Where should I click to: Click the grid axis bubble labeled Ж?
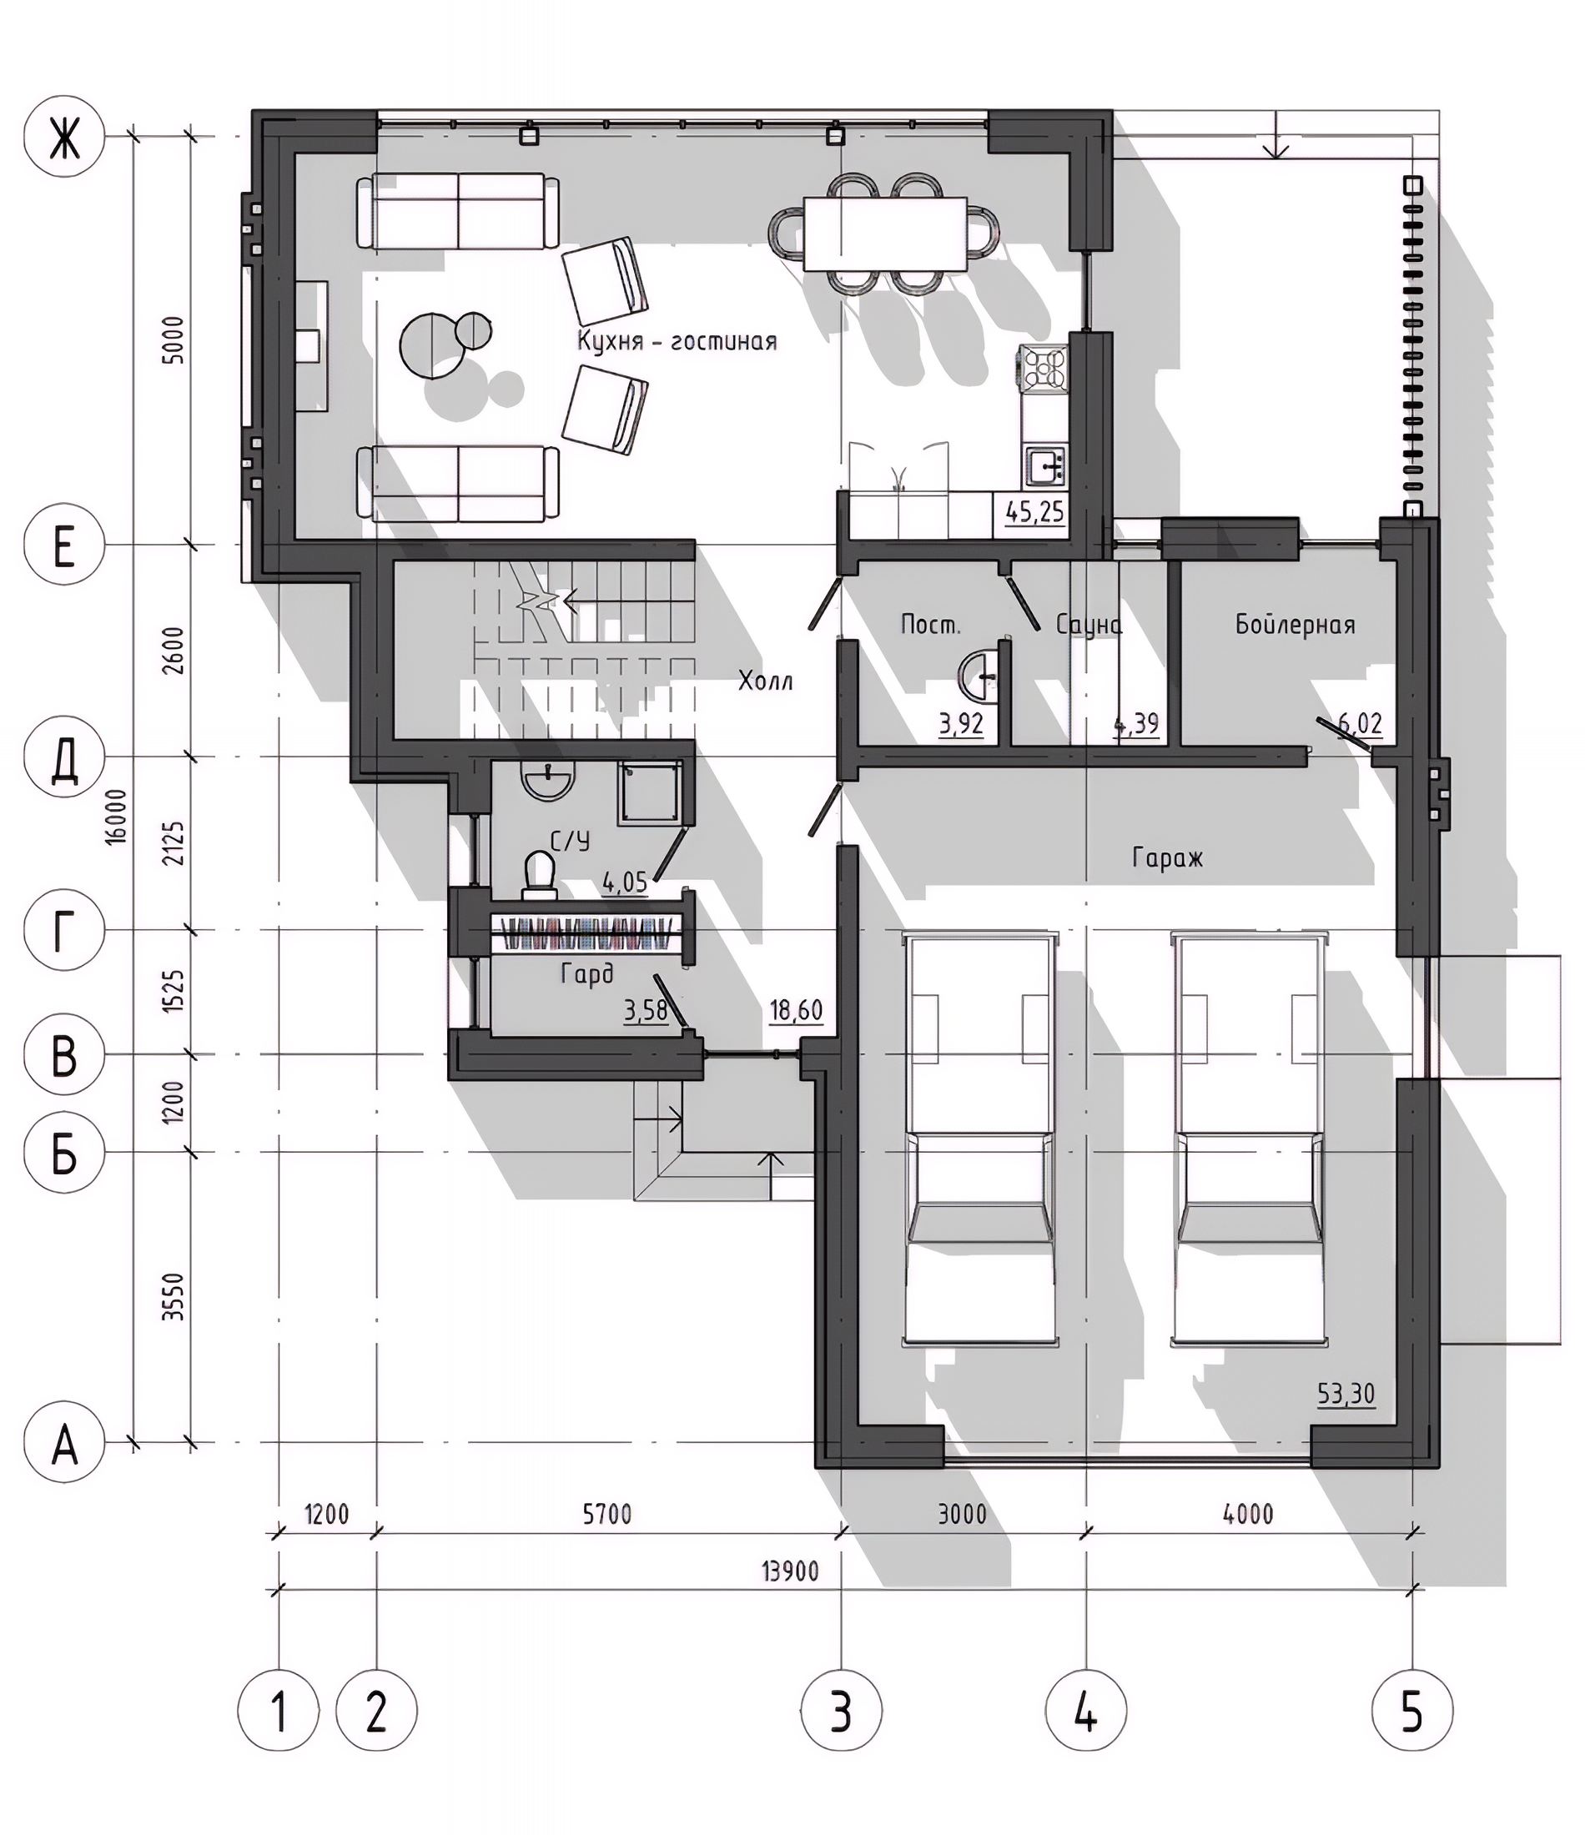tap(63, 137)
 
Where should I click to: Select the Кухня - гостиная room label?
tap(677, 342)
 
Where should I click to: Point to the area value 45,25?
tap(1034, 512)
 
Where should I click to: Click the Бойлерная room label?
tap(1296, 625)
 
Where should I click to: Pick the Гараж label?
tap(1168, 857)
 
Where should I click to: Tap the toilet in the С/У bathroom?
tap(539, 870)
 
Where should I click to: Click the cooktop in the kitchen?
tap(1043, 368)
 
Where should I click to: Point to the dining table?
tap(885, 233)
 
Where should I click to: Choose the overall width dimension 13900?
tap(790, 1571)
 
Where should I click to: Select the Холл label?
tap(766, 681)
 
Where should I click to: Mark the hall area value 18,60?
tap(796, 1009)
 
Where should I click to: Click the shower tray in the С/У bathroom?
tap(651, 792)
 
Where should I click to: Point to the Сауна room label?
tap(1089, 625)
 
